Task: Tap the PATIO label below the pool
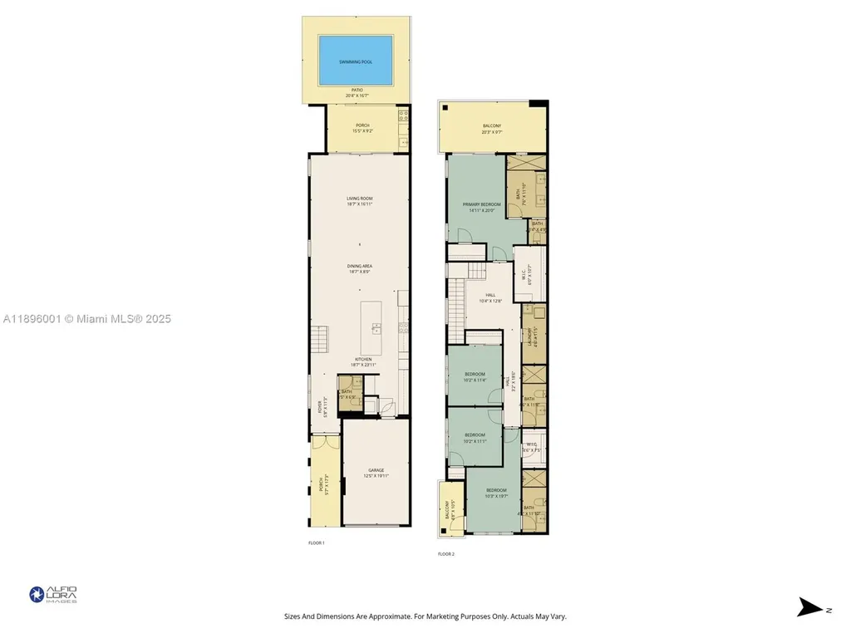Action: [357, 92]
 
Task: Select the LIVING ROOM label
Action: [359, 200]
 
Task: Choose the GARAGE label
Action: [376, 473]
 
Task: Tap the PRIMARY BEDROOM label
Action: [481, 206]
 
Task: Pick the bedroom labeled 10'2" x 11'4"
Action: [474, 376]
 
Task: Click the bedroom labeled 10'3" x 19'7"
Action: [495, 493]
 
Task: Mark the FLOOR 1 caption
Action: [316, 542]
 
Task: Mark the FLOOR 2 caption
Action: [446, 554]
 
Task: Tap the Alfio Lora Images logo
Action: [53, 594]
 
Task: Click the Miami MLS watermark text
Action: [86, 318]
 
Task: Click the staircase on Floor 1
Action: [322, 339]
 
